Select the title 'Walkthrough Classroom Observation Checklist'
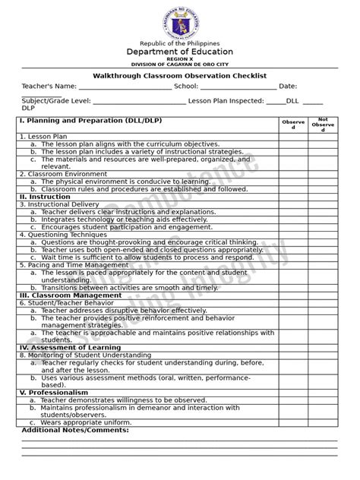pyautogui.click(x=179, y=77)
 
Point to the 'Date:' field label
pyautogui.click(x=288, y=87)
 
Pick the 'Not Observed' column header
pyautogui.click(x=323, y=125)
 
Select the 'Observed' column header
pyautogui.click(x=293, y=125)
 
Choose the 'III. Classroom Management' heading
pyautogui.click(x=70, y=295)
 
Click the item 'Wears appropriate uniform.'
pyautogui.click(x=88, y=422)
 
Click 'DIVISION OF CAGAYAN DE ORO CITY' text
pyautogui.click(x=179, y=65)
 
